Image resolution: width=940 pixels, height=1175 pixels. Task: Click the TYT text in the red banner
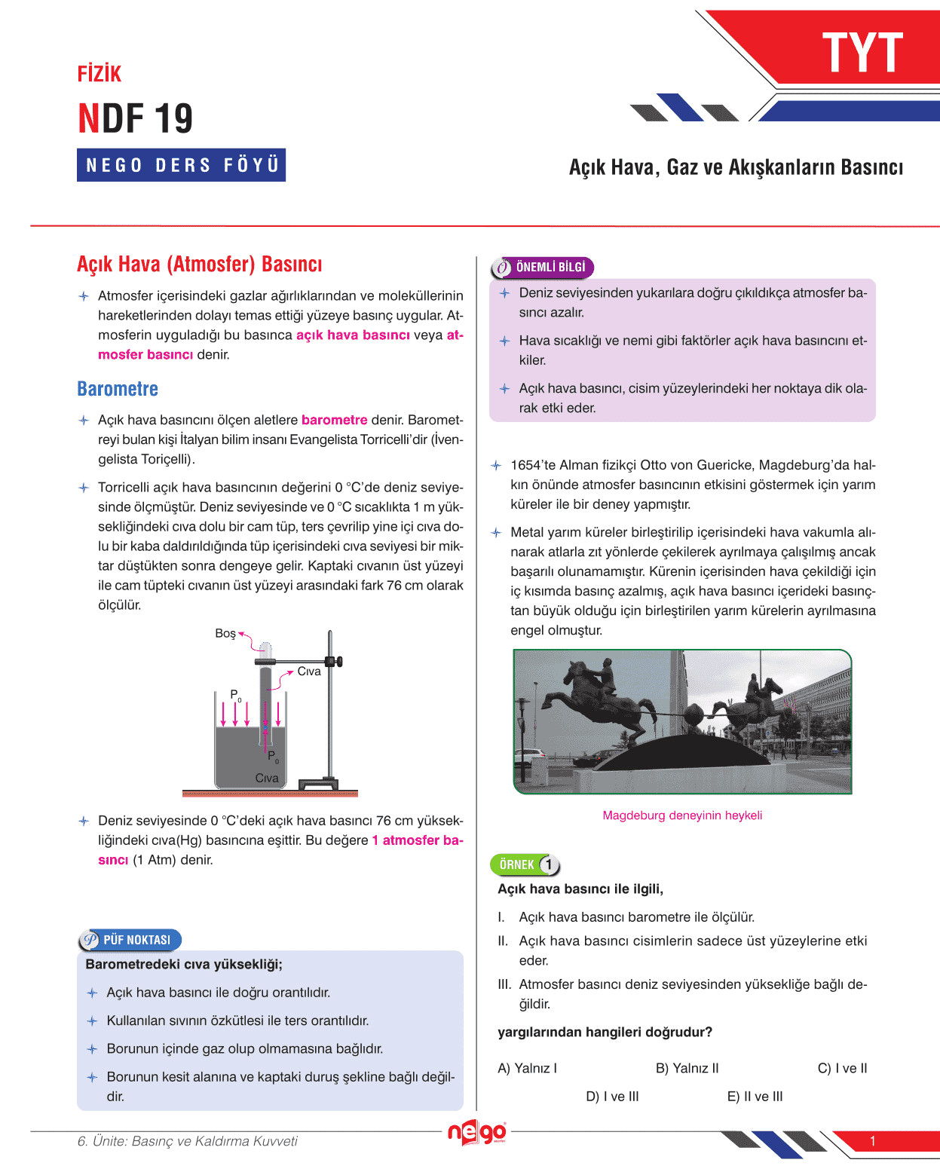pyautogui.click(x=862, y=53)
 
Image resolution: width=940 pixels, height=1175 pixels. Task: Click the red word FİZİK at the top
pyautogui.click(x=100, y=74)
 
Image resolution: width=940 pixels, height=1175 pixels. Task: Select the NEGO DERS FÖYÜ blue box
pyautogui.click(x=181, y=165)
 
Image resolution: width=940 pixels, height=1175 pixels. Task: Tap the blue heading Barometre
pyautogui.click(x=118, y=389)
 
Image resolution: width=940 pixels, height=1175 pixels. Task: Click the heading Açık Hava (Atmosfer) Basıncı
pyautogui.click(x=200, y=265)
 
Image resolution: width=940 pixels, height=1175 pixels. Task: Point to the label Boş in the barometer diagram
pyautogui.click(x=225, y=633)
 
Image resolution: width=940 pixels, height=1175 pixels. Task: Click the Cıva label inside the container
pyautogui.click(x=267, y=778)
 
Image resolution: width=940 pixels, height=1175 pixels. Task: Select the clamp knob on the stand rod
pyautogui.click(x=338, y=662)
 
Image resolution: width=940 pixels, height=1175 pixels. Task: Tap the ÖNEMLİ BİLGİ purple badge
pyautogui.click(x=543, y=268)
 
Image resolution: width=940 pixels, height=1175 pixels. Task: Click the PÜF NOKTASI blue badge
pyautogui.click(x=130, y=940)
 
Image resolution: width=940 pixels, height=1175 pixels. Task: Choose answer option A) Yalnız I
pyautogui.click(x=527, y=1068)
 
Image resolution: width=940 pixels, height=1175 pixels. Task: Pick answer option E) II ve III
pyautogui.click(x=755, y=1097)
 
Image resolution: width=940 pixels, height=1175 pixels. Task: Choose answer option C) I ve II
pyautogui.click(x=842, y=1068)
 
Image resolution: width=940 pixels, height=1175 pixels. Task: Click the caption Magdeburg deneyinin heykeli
pyautogui.click(x=682, y=815)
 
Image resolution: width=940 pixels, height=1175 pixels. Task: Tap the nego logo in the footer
pyautogui.click(x=476, y=1132)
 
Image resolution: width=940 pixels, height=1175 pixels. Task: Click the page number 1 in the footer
pyautogui.click(x=873, y=1141)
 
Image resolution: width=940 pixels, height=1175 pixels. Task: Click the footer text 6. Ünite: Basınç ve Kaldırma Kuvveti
pyautogui.click(x=187, y=1141)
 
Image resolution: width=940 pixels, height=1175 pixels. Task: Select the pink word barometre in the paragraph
pyautogui.click(x=334, y=420)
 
